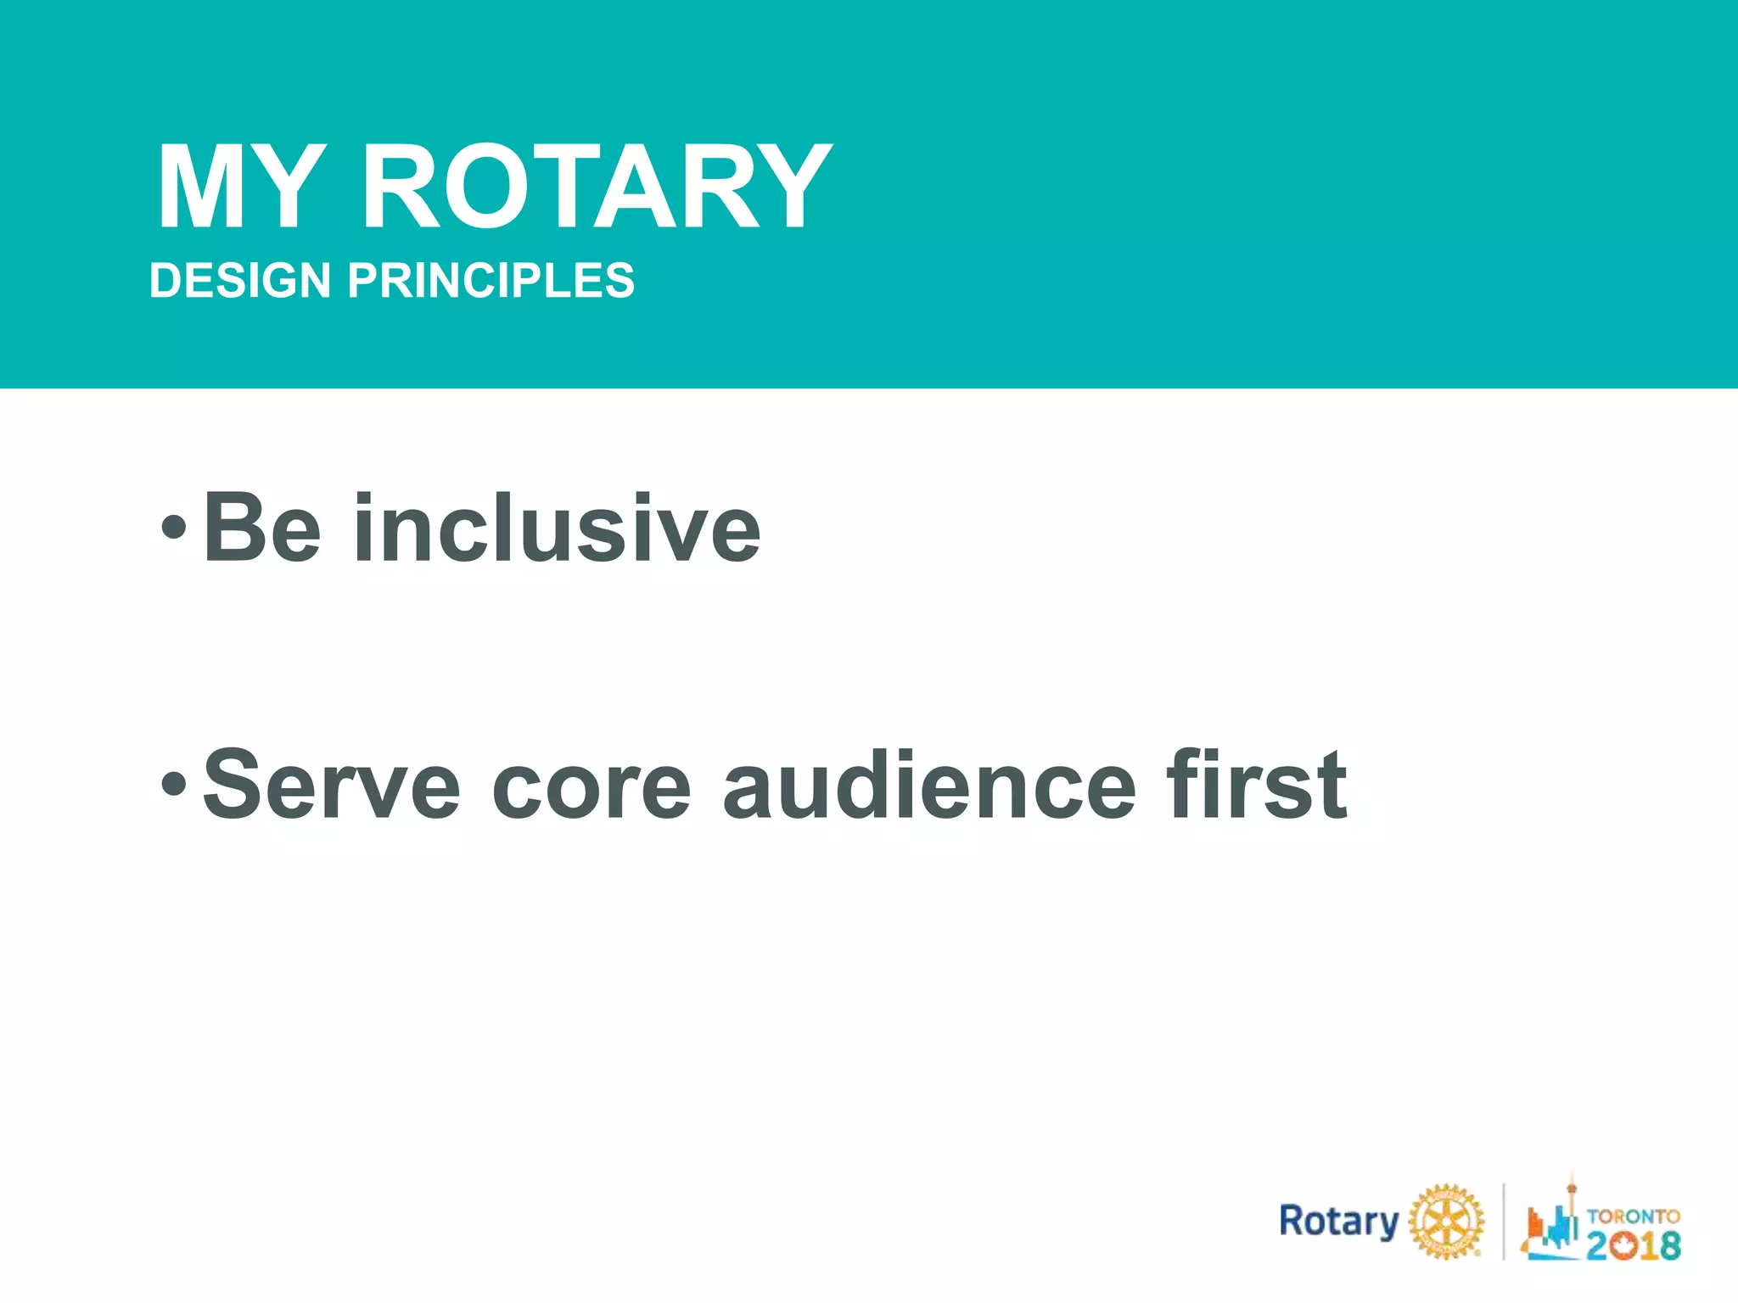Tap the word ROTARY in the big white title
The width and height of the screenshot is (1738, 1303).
(x=597, y=188)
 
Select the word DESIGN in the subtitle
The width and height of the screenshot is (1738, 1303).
(x=240, y=281)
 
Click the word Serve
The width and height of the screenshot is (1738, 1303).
(x=331, y=785)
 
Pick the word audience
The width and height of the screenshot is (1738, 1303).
(x=928, y=785)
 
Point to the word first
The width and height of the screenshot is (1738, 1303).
(x=1256, y=785)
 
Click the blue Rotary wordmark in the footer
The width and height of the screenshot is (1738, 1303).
(x=1338, y=1222)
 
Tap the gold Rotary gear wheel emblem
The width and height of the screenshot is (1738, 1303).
(x=1446, y=1222)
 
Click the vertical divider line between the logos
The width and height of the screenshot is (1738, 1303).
(x=1504, y=1222)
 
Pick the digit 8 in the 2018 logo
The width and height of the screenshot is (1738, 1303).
(x=1668, y=1245)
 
